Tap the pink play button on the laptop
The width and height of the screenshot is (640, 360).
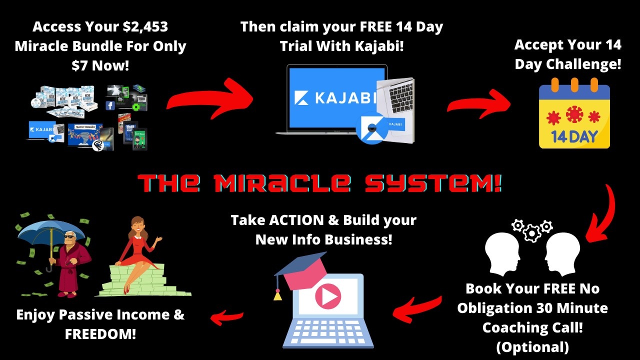point(328,297)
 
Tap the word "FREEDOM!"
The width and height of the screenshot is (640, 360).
point(100,334)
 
